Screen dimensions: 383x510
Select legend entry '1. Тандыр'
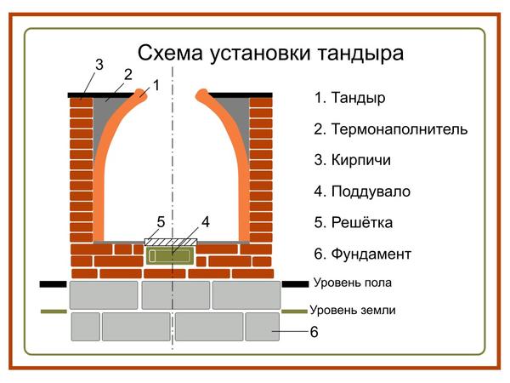[349, 98]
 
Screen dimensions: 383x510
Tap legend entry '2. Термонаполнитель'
[390, 129]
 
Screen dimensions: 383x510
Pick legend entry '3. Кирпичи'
[352, 160]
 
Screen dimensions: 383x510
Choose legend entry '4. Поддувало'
[361, 191]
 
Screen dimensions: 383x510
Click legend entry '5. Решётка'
[353, 223]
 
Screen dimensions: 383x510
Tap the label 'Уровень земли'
[353, 312]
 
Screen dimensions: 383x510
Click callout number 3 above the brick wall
[99, 65]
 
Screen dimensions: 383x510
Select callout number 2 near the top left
[127, 75]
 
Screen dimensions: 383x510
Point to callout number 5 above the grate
[161, 223]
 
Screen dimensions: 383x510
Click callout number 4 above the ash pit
[205, 223]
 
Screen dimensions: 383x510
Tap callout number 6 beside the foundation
[314, 333]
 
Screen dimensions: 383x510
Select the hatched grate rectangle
[169, 242]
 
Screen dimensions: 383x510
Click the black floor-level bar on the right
[294, 283]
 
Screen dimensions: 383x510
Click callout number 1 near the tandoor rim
[156, 85]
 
